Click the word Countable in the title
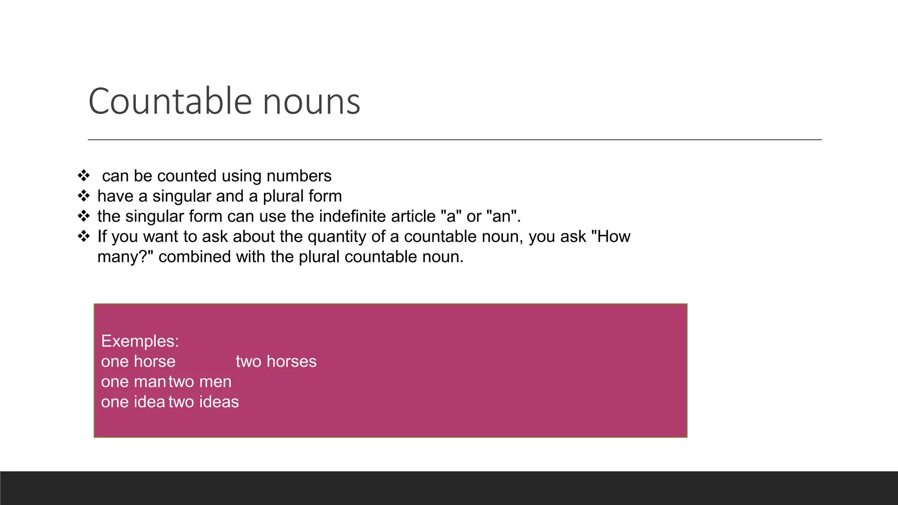pyautogui.click(x=170, y=101)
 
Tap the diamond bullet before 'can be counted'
pyautogui.click(x=84, y=176)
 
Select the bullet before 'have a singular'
pyautogui.click(x=84, y=196)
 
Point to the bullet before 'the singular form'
pyautogui.click(x=84, y=216)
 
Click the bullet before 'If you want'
pyautogui.click(x=84, y=236)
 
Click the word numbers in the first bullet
pyautogui.click(x=299, y=176)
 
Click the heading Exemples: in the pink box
pyautogui.click(x=140, y=341)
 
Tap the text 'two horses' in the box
pyautogui.click(x=276, y=362)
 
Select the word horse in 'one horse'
pyautogui.click(x=155, y=362)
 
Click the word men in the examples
pyautogui.click(x=215, y=382)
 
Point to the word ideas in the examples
pyautogui.click(x=219, y=402)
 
